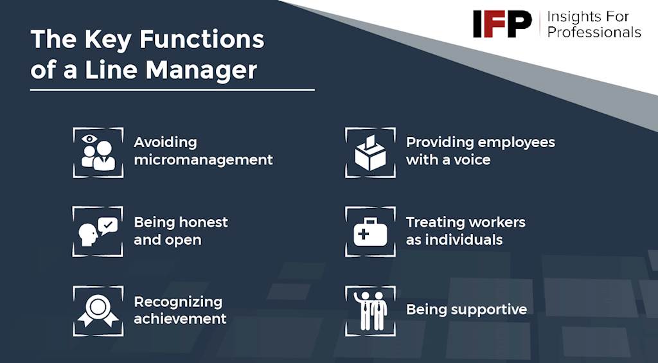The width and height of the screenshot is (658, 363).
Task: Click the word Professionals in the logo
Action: coord(594,32)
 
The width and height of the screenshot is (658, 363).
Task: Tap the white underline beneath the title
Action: coord(172,89)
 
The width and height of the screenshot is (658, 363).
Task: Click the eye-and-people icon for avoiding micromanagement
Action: coord(98,152)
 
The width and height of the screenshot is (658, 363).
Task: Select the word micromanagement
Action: coord(203,160)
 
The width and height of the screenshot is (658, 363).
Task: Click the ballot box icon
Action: coord(370,152)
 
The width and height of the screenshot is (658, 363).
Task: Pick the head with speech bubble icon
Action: coord(98,232)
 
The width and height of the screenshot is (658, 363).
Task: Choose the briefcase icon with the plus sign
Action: coord(370,232)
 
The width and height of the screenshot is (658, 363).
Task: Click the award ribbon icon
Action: coord(98,311)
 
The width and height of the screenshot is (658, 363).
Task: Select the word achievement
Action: coord(180,319)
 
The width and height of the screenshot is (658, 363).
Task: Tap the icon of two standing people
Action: coord(370,311)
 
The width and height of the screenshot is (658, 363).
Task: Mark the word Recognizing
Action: coord(178,302)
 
